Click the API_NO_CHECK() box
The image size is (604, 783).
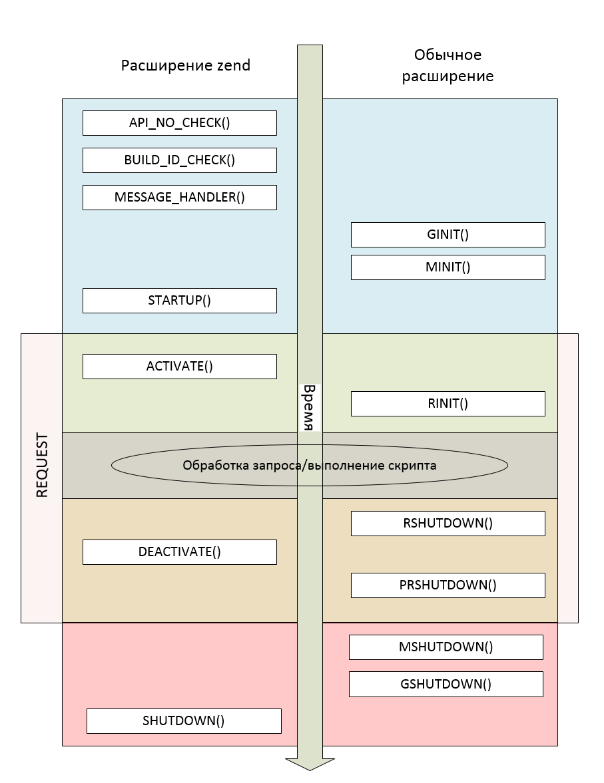click(x=179, y=123)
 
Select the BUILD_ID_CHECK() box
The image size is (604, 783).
click(x=179, y=160)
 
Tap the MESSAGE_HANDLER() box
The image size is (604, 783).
click(x=179, y=198)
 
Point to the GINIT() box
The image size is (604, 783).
click(x=448, y=235)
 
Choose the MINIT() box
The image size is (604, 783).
click(x=448, y=267)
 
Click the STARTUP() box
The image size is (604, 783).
click(x=179, y=300)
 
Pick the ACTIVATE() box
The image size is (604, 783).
click(x=179, y=367)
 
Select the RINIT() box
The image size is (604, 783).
click(x=448, y=404)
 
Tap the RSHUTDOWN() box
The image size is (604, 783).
click(x=448, y=523)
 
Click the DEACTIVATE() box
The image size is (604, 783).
click(x=179, y=552)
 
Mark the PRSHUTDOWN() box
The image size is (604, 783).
click(x=448, y=585)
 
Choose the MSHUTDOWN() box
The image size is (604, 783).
click(x=446, y=647)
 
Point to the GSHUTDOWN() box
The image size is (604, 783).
click(x=446, y=684)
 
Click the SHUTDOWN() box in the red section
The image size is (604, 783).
click(x=184, y=721)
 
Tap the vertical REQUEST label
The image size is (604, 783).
click(x=41, y=466)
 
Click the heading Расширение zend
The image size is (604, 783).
click(x=185, y=65)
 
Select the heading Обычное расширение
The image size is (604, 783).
click(x=447, y=65)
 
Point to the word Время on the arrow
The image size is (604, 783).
click(x=308, y=407)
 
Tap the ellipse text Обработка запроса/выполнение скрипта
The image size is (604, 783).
click(x=309, y=466)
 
